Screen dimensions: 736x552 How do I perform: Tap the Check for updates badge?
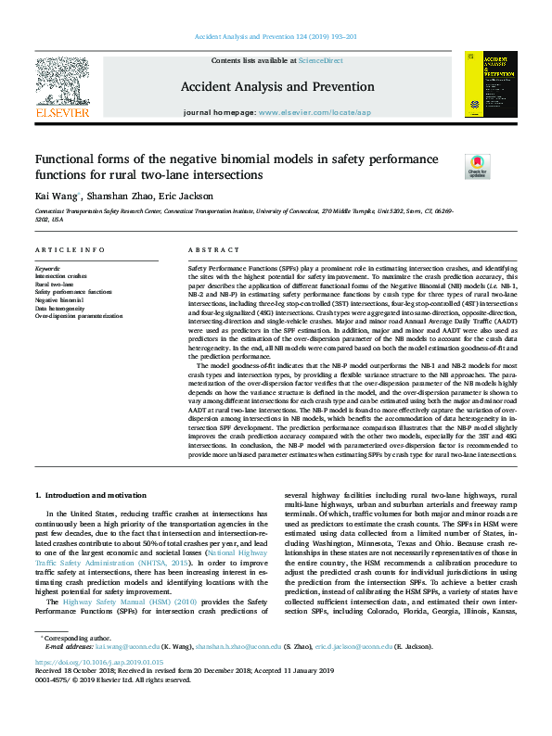478,166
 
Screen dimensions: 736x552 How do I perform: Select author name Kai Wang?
56,196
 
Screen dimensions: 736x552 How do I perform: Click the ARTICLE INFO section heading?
71,251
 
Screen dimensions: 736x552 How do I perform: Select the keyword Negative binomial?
60,300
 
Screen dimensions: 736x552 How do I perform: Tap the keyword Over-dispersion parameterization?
79,316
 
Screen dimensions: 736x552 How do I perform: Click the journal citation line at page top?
276,37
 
